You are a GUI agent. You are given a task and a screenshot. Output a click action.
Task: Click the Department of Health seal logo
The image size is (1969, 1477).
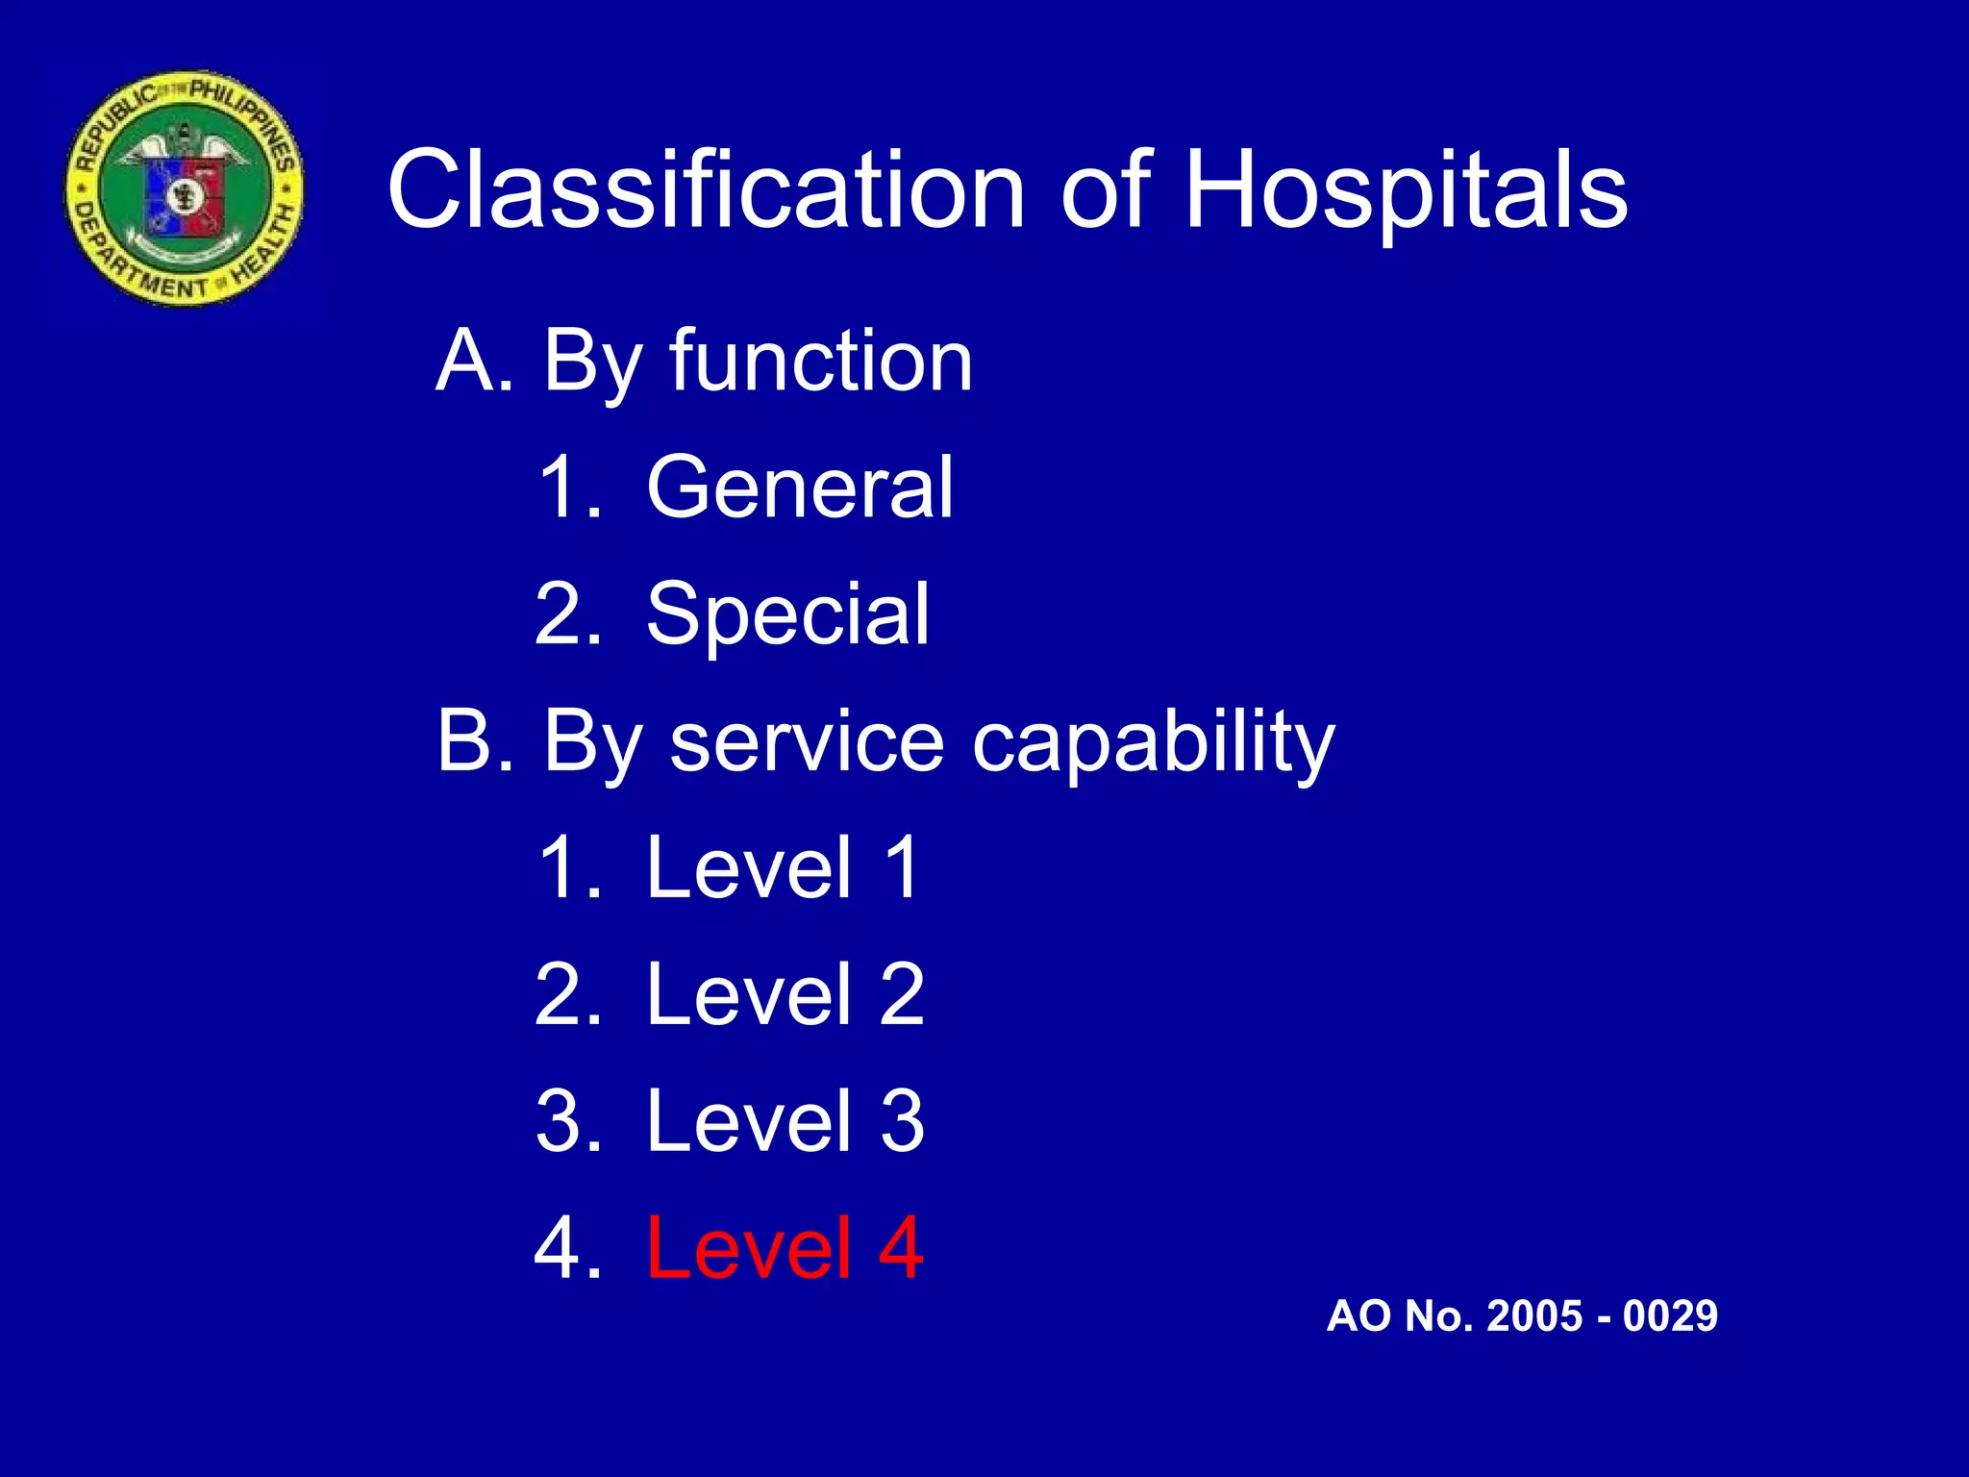pyautogui.click(x=185, y=188)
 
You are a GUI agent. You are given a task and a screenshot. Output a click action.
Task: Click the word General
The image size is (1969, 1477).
pyautogui.click(x=800, y=488)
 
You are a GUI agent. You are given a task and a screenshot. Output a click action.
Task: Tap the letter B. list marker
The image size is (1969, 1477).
pyautogui.click(x=475, y=741)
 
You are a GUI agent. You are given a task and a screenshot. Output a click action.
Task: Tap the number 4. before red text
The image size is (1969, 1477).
pyautogui.click(x=568, y=1249)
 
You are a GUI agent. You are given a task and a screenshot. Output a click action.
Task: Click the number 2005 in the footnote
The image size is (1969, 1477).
pyautogui.click(x=1536, y=1315)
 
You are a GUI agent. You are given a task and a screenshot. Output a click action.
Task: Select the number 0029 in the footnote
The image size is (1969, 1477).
pyautogui.click(x=1670, y=1315)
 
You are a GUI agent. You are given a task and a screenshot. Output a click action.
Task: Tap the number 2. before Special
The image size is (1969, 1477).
pyautogui.click(x=568, y=614)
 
